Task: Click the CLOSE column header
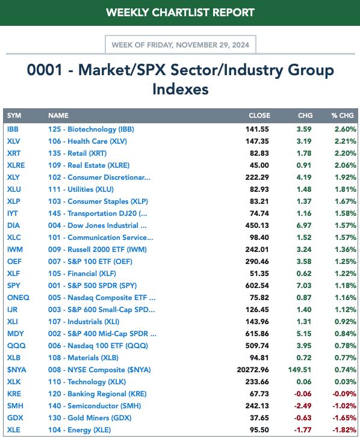259,115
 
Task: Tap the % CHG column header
343,115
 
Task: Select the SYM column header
14,115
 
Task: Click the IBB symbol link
13,129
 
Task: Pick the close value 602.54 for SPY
257,286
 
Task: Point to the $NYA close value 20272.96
253,370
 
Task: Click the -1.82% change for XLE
344,430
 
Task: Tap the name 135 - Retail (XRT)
78,153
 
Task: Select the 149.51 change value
300,370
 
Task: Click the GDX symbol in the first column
15,418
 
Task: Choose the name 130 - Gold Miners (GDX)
90,418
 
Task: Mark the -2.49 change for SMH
303,406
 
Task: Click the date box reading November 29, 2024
180,45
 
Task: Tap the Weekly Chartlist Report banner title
180,13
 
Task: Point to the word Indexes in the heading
180,90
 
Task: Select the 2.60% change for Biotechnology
346,129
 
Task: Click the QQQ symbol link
16,346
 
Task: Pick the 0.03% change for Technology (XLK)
346,382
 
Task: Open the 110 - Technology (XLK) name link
87,382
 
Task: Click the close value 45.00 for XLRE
259,165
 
